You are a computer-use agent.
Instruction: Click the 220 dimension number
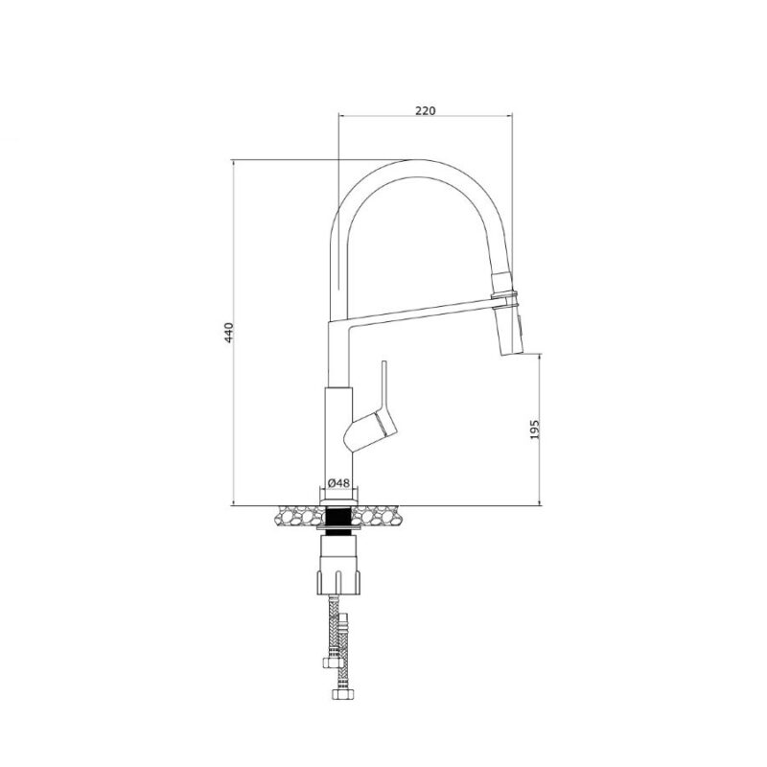(x=425, y=110)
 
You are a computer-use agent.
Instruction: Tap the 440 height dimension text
(x=229, y=333)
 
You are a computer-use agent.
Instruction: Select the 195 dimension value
(x=535, y=429)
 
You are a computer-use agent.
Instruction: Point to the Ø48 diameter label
(x=338, y=483)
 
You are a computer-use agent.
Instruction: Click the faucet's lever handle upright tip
(x=384, y=363)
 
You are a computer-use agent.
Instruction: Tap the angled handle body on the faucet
(x=371, y=431)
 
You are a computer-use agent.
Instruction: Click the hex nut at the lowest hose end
(x=342, y=693)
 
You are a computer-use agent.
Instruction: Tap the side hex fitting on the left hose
(x=328, y=662)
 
